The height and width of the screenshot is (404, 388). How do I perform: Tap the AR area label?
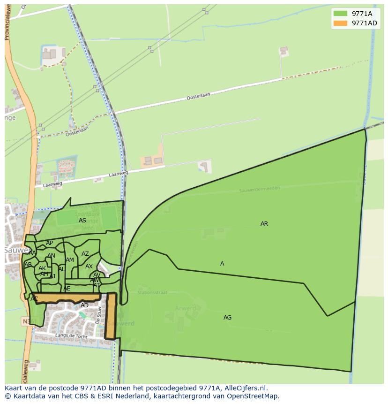click(x=264, y=224)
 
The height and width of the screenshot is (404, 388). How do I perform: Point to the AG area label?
click(x=227, y=318)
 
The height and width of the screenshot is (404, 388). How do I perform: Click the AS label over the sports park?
click(x=82, y=221)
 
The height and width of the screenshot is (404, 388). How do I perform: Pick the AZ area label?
click(x=85, y=254)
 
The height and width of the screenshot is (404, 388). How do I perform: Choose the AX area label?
click(x=89, y=267)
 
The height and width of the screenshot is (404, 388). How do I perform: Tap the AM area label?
click(x=70, y=260)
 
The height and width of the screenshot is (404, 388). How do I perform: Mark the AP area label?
click(x=49, y=243)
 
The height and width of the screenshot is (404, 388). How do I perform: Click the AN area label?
click(x=51, y=256)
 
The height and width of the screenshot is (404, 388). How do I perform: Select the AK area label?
click(x=42, y=268)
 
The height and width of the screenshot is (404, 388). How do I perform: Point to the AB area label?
click(x=28, y=265)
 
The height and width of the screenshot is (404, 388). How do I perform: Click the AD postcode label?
click(x=84, y=305)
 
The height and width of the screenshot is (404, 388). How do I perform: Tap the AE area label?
click(x=67, y=289)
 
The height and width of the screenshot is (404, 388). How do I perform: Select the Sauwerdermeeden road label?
click(x=259, y=189)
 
